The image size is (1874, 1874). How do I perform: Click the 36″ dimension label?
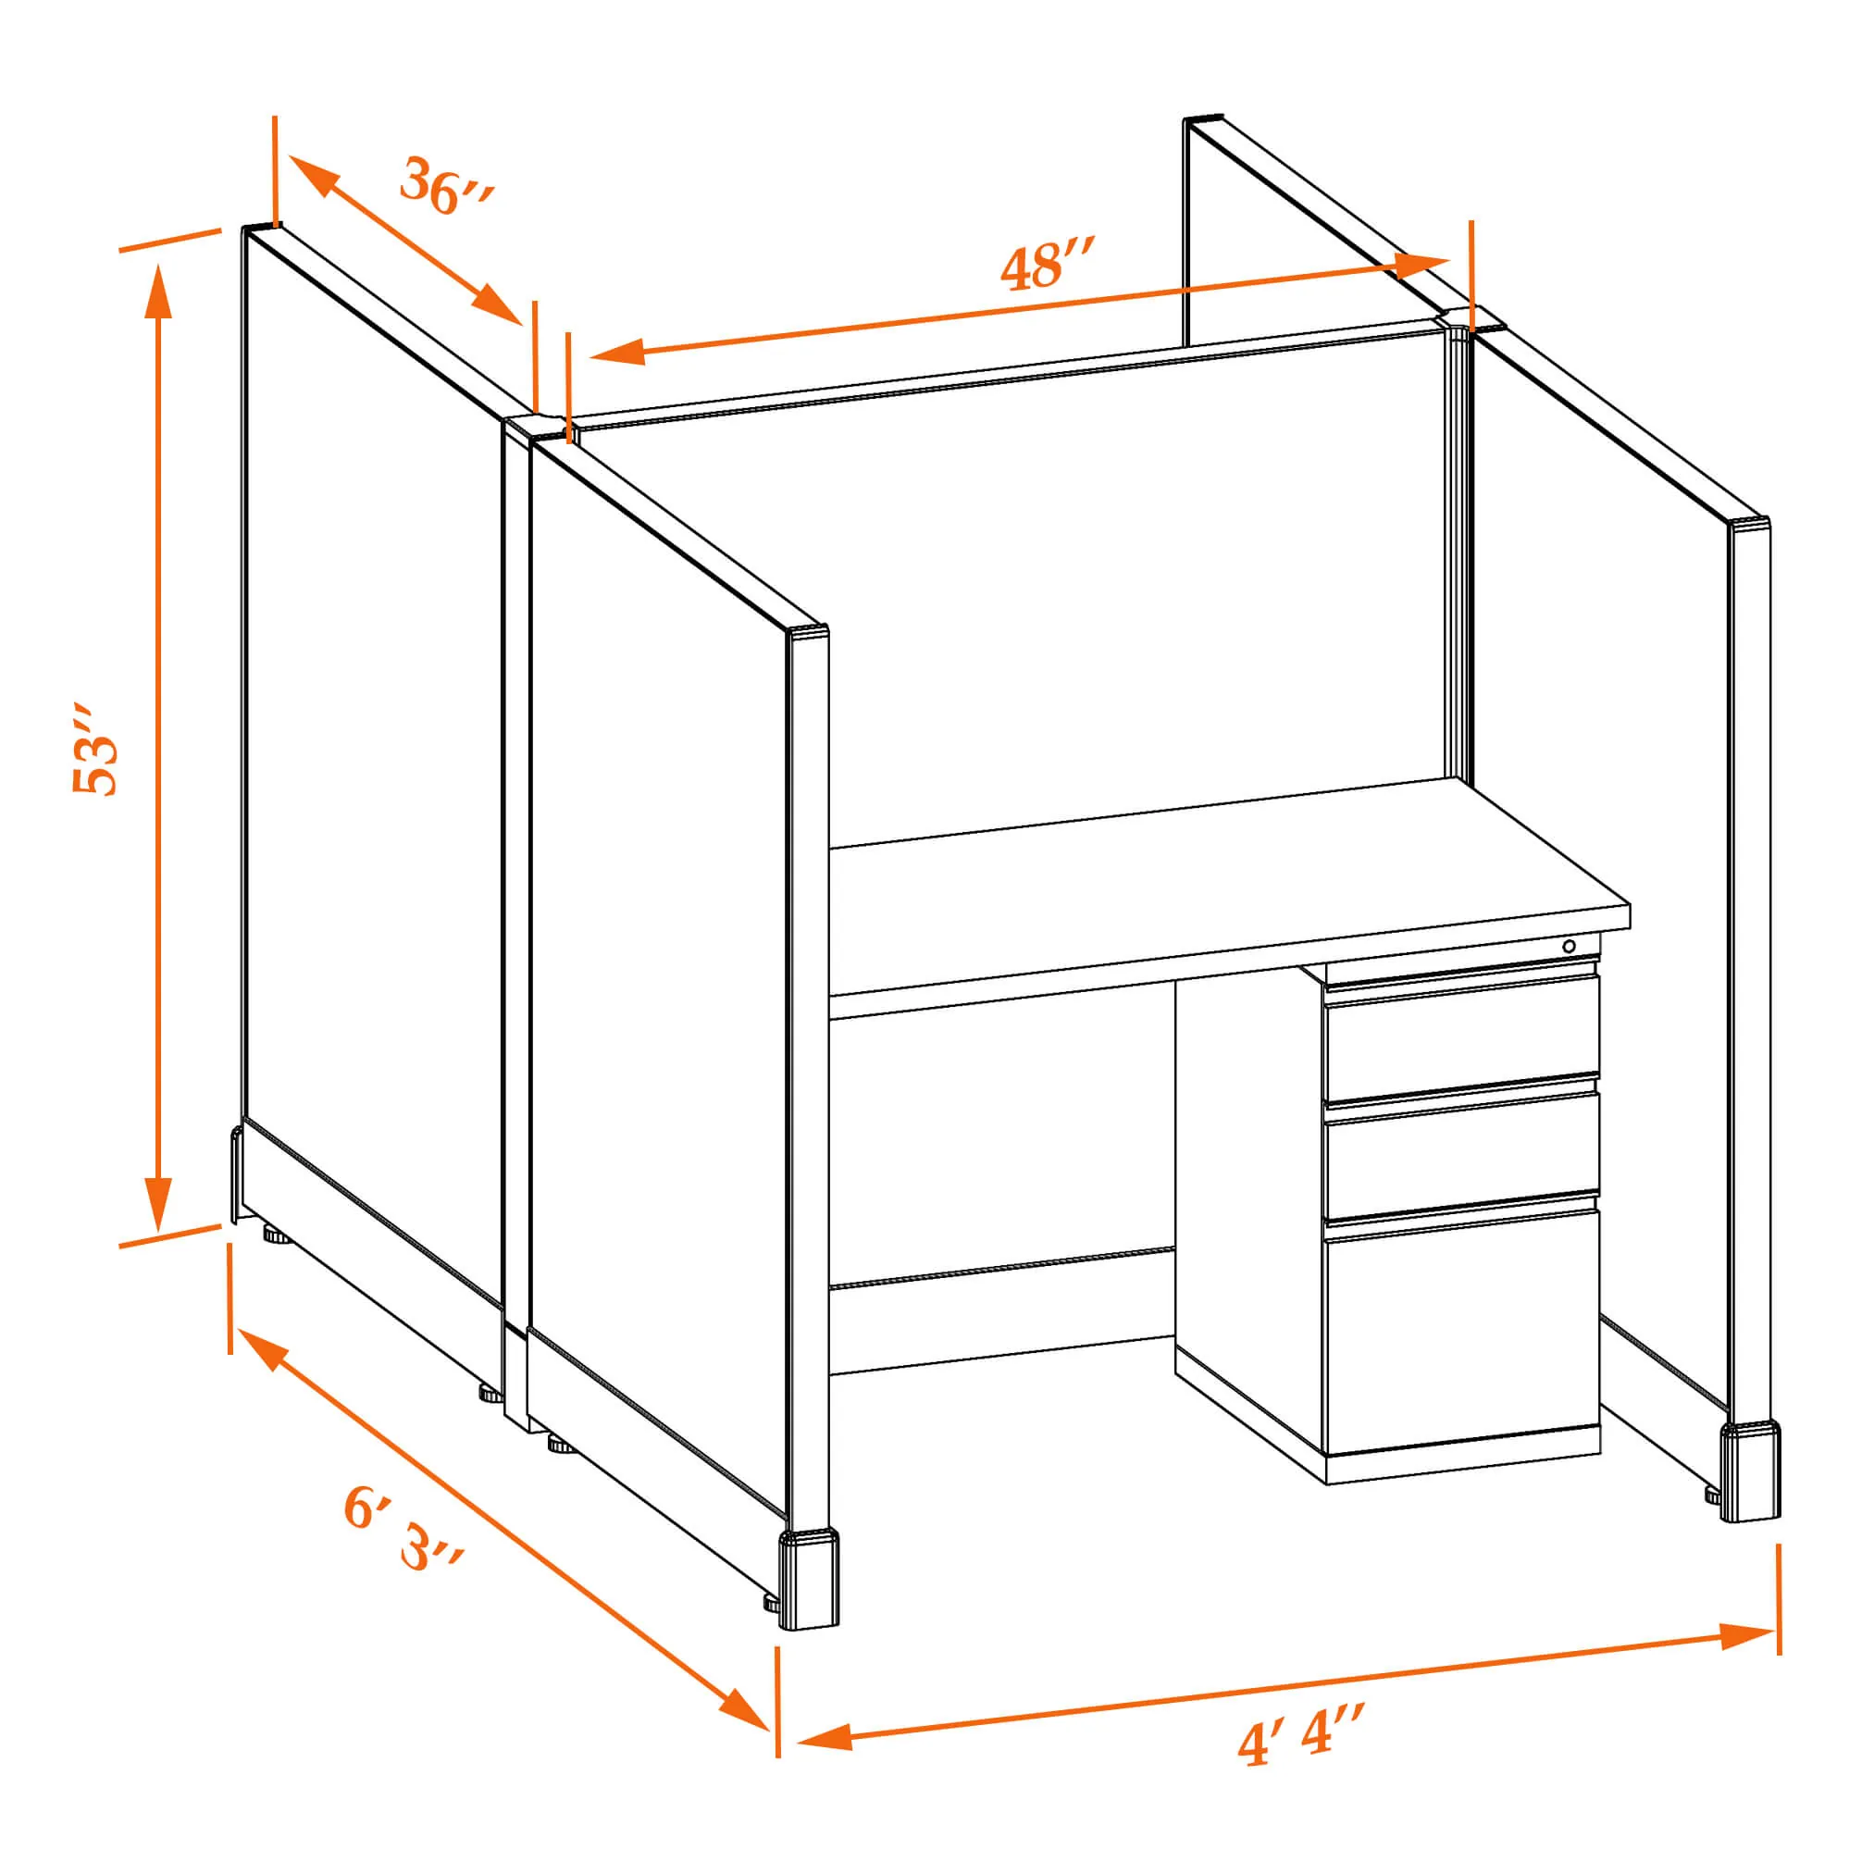pyautogui.click(x=447, y=185)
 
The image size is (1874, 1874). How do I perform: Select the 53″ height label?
pyautogui.click(x=96, y=751)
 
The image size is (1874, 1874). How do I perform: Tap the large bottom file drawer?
pyautogui.click(x=1462, y=1333)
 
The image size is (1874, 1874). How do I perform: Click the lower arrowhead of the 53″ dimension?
pyautogui.click(x=158, y=1203)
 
